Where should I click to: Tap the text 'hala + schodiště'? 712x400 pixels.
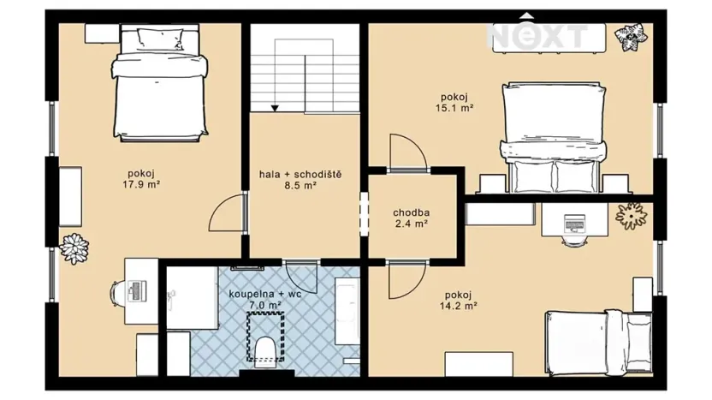[x=300, y=174]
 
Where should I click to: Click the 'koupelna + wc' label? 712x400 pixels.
[x=265, y=293]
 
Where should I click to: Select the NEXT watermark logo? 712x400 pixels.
[x=538, y=35]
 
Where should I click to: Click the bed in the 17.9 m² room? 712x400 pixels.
[x=162, y=83]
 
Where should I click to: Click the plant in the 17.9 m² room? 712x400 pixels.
[x=74, y=248]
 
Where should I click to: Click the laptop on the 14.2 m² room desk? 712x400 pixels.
[x=573, y=225]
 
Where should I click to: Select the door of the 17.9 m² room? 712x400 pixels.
[x=227, y=213]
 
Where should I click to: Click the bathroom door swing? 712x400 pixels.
[x=302, y=276]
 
